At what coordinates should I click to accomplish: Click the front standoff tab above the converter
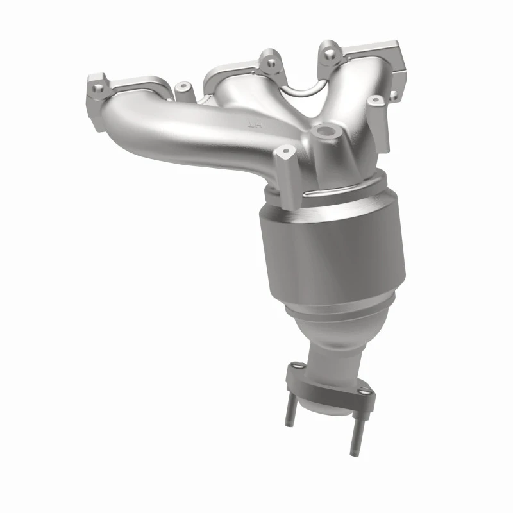tap(286, 168)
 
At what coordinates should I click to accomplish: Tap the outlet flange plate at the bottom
tap(327, 385)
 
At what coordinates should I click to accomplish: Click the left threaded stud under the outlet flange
tap(289, 410)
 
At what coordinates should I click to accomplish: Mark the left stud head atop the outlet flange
tap(296, 367)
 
